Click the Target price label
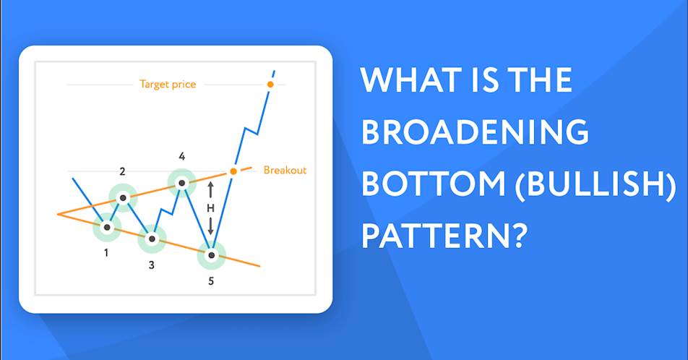tap(168, 85)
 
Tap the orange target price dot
tap(270, 84)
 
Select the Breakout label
tap(285, 170)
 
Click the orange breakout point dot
tap(233, 171)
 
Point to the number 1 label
tap(106, 253)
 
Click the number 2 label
tap(122, 171)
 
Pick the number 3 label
tap(151, 265)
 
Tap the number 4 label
tap(182, 156)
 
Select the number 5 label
tap(211, 281)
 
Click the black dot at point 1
tap(107, 227)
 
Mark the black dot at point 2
tap(124, 198)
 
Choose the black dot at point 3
tap(152, 239)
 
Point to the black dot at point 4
tap(181, 183)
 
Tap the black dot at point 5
tap(212, 255)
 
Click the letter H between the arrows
tap(210, 208)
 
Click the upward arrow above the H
tap(210, 190)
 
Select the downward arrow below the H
tap(210, 226)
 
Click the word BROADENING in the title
tap(475, 132)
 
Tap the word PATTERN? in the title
tap(444, 235)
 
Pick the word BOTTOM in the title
tap(434, 183)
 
